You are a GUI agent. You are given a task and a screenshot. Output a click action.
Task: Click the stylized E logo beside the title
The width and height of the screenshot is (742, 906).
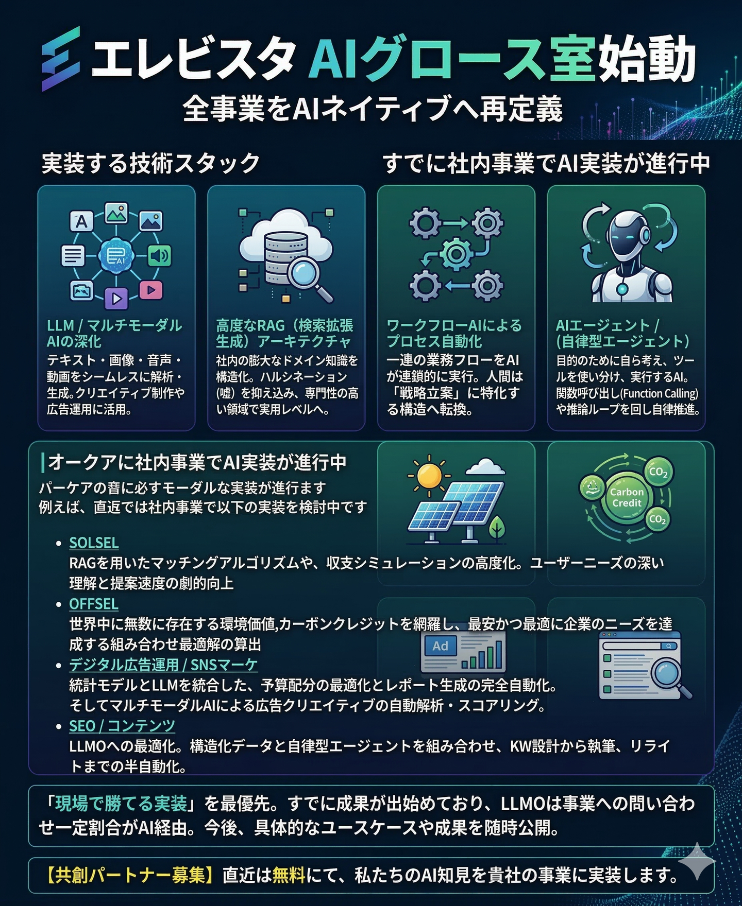(61, 59)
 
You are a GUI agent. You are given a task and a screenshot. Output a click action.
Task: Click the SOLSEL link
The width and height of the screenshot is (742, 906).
(94, 543)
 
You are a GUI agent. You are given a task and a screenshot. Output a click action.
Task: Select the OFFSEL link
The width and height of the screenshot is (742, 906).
(94, 604)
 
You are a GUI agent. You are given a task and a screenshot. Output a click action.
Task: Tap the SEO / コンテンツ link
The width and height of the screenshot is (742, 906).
(122, 726)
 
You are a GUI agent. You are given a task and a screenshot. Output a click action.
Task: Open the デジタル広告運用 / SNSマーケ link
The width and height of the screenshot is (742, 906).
(163, 665)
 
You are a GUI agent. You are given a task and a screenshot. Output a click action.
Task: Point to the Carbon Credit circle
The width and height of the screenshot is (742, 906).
(626, 497)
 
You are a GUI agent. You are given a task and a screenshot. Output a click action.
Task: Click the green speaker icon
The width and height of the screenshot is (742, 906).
(159, 255)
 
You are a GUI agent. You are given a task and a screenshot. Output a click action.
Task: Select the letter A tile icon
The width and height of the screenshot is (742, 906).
(81, 222)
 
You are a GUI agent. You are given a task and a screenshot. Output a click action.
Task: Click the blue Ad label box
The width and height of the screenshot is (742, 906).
(440, 646)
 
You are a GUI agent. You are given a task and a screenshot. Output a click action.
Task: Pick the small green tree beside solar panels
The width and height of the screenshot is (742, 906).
(497, 529)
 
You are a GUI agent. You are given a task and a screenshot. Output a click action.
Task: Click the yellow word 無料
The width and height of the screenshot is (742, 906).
(289, 875)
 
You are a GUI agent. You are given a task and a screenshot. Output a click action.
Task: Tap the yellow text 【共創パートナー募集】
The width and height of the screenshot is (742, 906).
(128, 875)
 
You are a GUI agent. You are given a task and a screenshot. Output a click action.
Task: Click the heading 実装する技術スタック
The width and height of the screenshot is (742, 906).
(150, 163)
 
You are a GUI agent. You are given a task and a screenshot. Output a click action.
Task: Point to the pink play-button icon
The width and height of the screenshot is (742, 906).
(150, 290)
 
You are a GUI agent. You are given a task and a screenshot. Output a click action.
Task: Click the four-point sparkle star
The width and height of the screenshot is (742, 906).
(697, 861)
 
